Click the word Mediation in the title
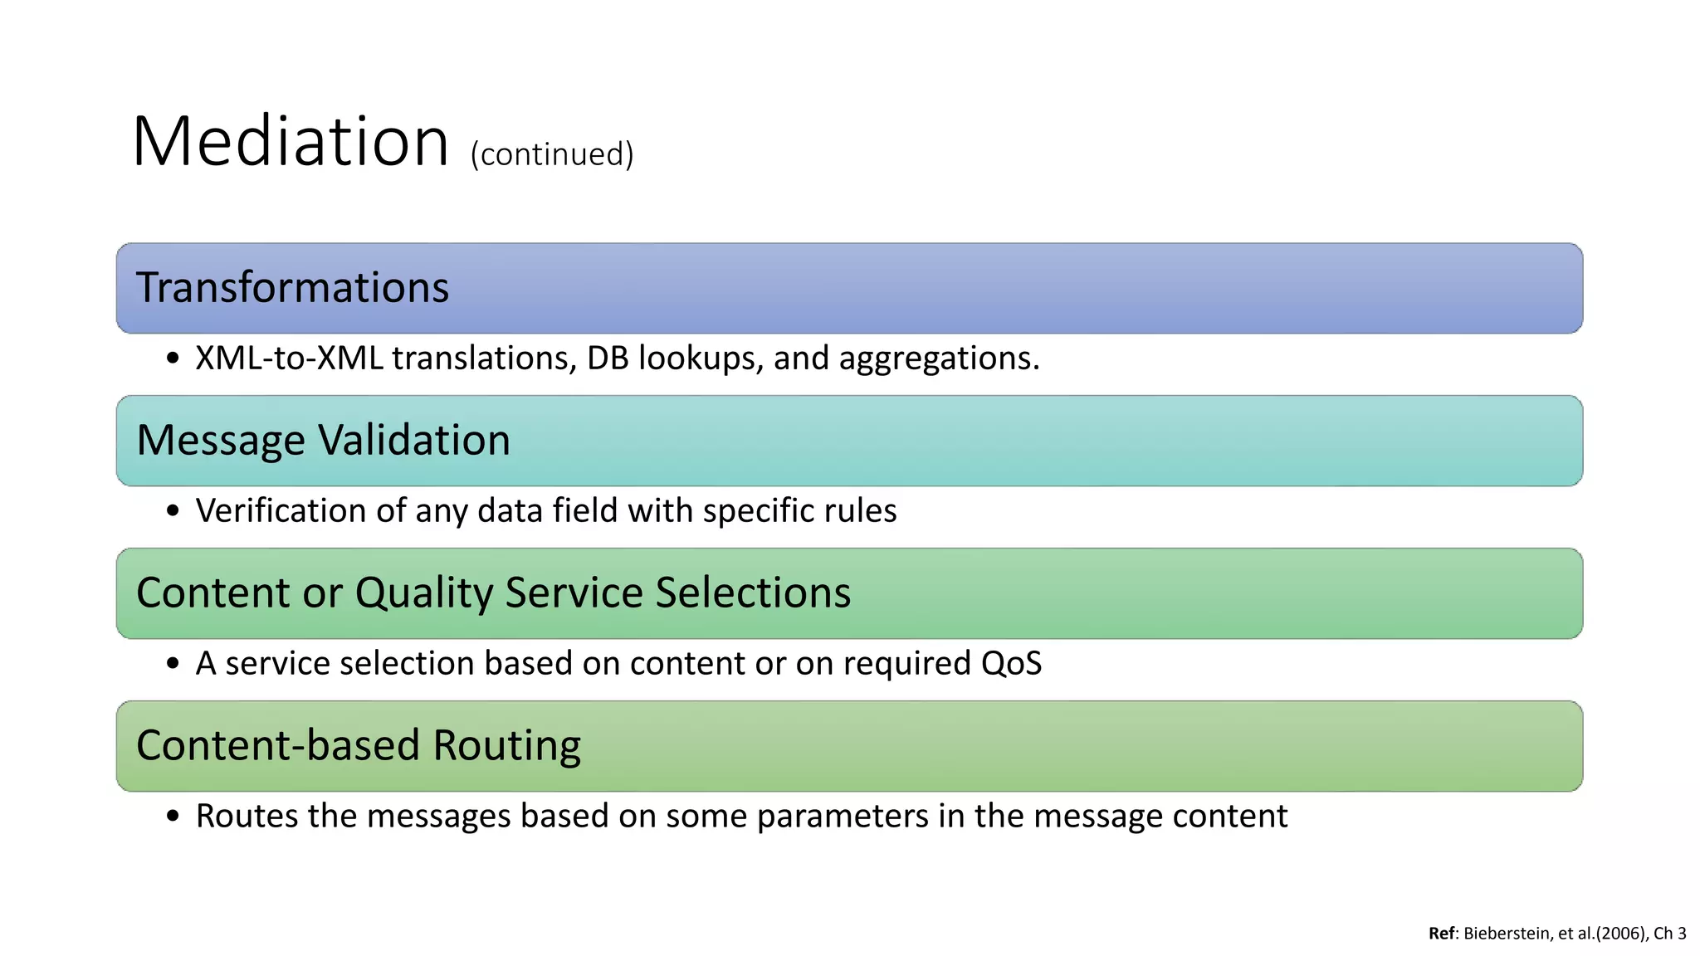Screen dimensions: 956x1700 click(x=291, y=142)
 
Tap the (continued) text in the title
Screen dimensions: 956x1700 click(x=552, y=154)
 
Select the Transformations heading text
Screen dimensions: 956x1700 click(x=292, y=288)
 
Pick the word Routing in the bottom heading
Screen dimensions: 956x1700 click(x=506, y=745)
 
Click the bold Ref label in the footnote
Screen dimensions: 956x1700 click(x=1441, y=934)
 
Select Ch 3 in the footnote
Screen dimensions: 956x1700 click(x=1669, y=934)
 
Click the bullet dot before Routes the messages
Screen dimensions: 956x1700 click(x=173, y=817)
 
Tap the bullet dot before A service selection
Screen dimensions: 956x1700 click(x=173, y=664)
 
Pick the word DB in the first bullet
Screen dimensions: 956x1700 click(x=608, y=358)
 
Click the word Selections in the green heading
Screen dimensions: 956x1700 click(x=753, y=593)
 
